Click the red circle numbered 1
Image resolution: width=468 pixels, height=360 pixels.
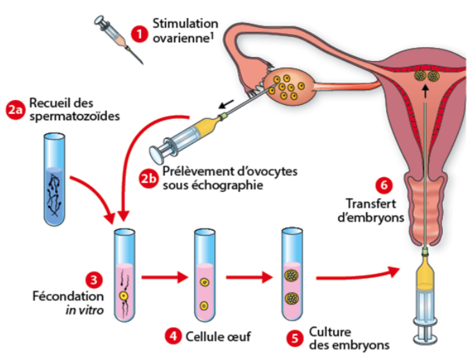click(x=141, y=33)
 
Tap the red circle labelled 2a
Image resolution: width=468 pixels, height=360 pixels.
click(x=16, y=109)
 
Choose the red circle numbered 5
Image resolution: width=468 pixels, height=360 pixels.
click(x=295, y=338)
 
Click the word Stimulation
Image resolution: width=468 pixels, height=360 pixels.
click(x=186, y=24)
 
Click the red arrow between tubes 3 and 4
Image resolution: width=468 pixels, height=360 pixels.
click(x=163, y=278)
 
